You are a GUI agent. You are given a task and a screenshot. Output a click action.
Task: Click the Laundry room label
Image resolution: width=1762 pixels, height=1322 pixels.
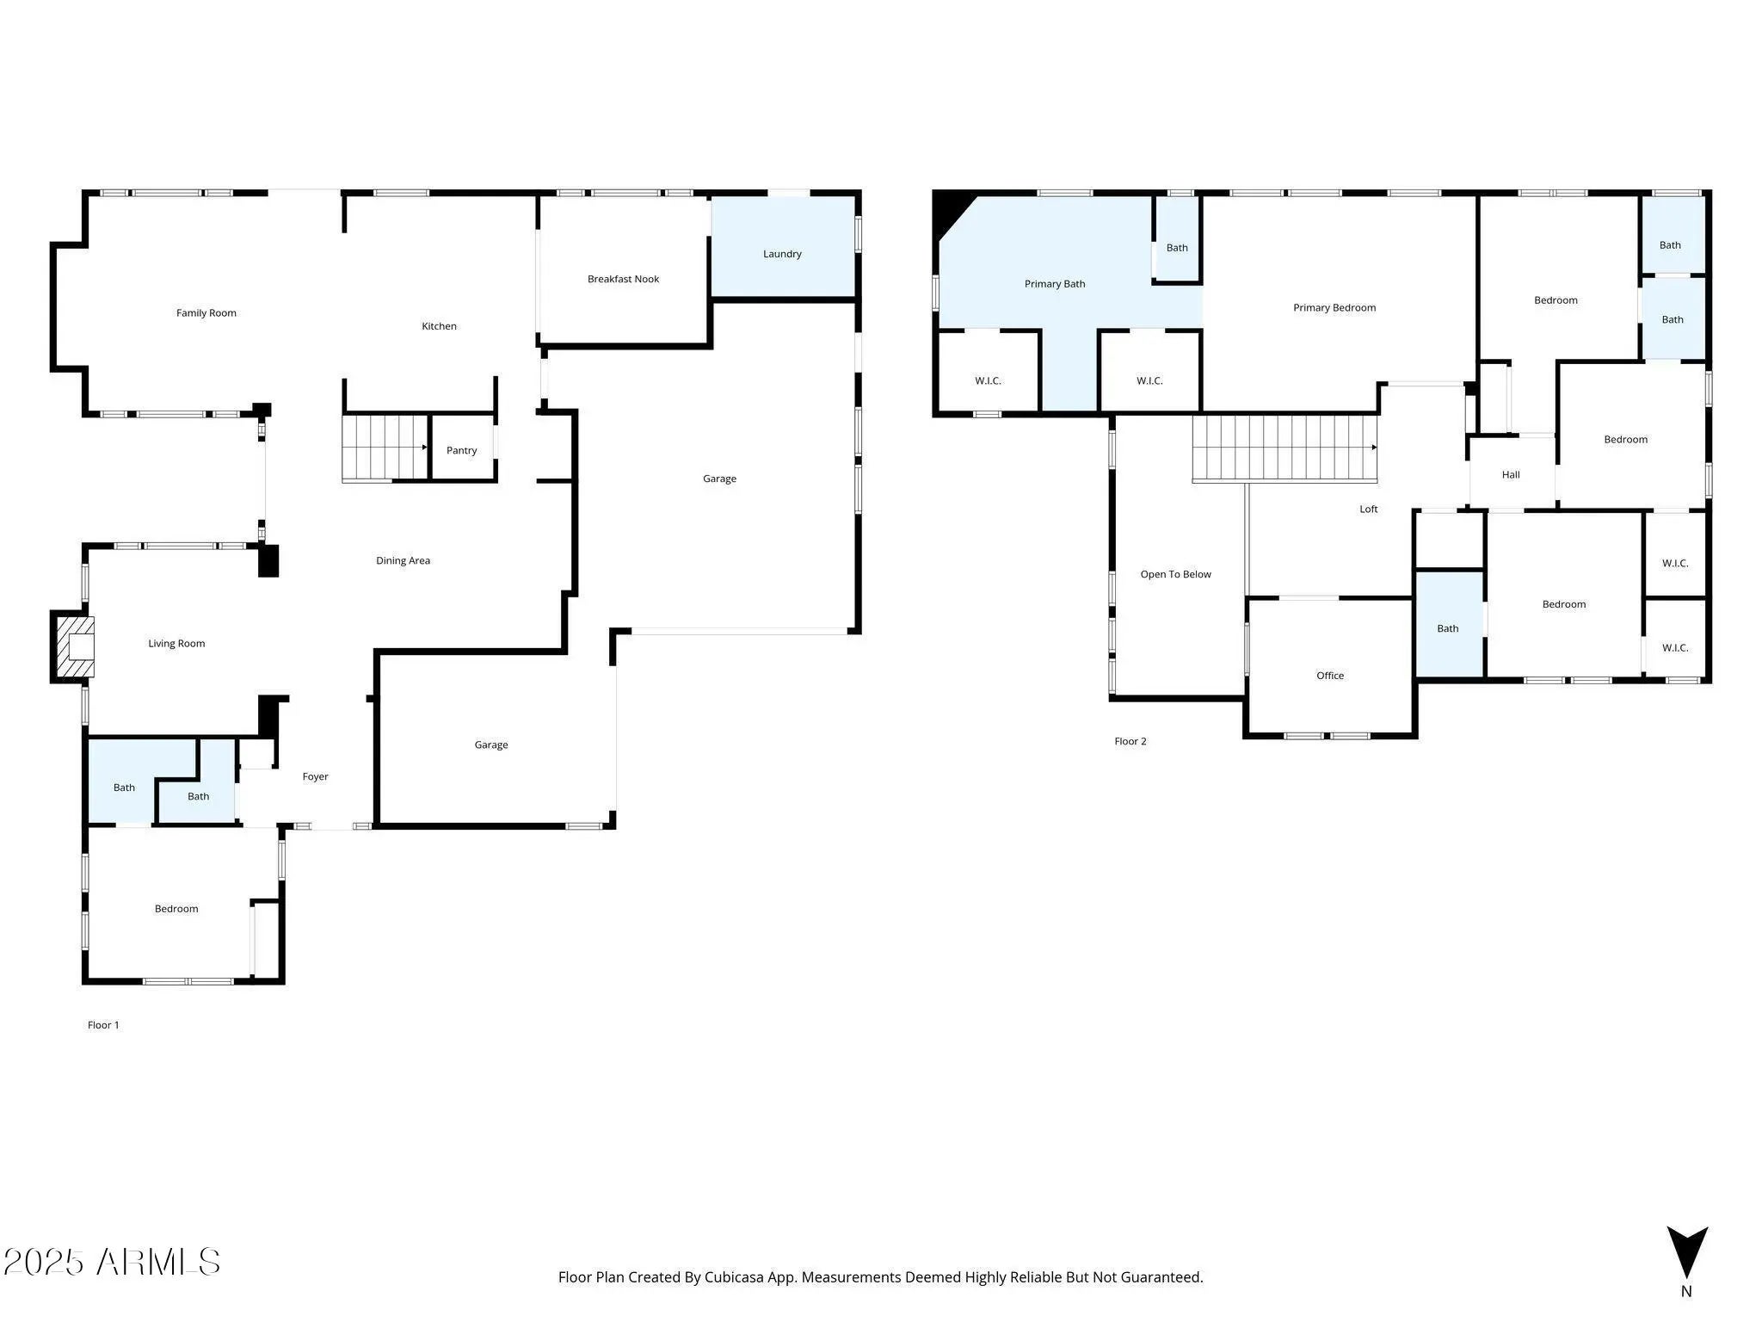[x=782, y=254]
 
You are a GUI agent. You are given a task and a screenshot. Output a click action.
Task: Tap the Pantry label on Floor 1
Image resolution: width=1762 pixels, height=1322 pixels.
[x=462, y=450]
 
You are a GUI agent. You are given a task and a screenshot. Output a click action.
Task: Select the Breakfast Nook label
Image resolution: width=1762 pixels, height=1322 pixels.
[x=623, y=279]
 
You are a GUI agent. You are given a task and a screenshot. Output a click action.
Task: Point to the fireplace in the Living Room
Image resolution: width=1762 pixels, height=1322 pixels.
[x=73, y=647]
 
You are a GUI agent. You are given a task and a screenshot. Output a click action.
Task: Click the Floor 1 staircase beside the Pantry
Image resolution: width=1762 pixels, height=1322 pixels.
[x=385, y=448]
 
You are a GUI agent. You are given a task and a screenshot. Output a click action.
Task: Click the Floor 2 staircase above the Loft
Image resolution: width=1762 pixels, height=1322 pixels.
[x=1285, y=448]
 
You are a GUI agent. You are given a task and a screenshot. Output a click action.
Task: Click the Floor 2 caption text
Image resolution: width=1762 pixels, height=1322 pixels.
[x=1131, y=741]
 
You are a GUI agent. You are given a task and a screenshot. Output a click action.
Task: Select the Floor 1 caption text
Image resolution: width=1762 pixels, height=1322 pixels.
[x=103, y=1024]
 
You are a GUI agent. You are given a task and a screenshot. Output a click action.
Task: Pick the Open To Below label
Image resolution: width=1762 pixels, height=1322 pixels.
[x=1175, y=574]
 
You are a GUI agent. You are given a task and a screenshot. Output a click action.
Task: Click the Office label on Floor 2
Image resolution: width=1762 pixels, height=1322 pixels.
[x=1330, y=676]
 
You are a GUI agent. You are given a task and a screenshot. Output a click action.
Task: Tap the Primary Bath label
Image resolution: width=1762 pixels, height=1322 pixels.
[x=1055, y=284]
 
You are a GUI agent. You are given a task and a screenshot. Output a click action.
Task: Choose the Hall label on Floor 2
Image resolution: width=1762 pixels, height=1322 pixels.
[x=1511, y=474]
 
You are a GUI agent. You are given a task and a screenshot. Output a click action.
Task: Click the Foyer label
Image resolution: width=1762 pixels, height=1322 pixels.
[x=315, y=776]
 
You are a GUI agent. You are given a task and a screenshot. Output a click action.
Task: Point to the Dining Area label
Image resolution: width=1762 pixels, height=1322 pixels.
[x=403, y=560]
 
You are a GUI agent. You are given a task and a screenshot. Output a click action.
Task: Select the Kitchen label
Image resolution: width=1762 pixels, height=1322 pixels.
[x=439, y=326]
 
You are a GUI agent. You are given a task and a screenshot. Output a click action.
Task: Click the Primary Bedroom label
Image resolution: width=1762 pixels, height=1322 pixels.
[x=1334, y=307]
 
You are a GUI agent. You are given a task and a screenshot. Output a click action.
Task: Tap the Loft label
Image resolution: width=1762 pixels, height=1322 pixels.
[x=1368, y=510]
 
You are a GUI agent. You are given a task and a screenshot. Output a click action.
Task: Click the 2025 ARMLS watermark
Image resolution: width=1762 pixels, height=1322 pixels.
[x=112, y=1262]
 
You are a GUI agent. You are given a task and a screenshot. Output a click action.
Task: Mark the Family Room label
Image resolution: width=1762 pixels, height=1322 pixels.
[x=206, y=312]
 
